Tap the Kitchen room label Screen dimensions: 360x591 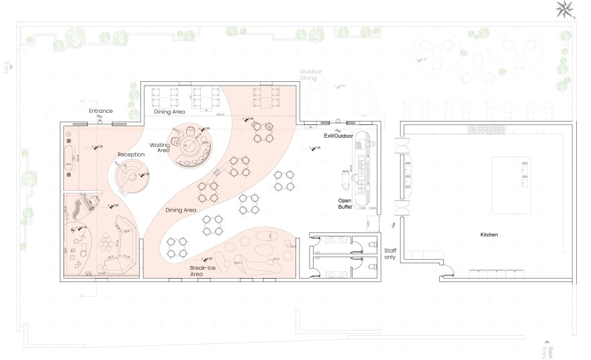click(x=489, y=235)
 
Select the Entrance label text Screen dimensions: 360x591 click(x=101, y=110)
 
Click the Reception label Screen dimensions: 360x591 click(x=132, y=154)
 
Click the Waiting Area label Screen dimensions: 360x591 click(x=160, y=148)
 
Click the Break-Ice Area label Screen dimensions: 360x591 click(x=202, y=271)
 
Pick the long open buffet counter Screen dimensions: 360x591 click(x=363, y=171)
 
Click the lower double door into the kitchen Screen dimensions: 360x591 click(x=403, y=207)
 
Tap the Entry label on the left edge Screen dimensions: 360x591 click(x=7, y=67)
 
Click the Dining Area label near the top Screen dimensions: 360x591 click(x=169, y=112)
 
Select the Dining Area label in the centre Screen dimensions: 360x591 click(x=181, y=210)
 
